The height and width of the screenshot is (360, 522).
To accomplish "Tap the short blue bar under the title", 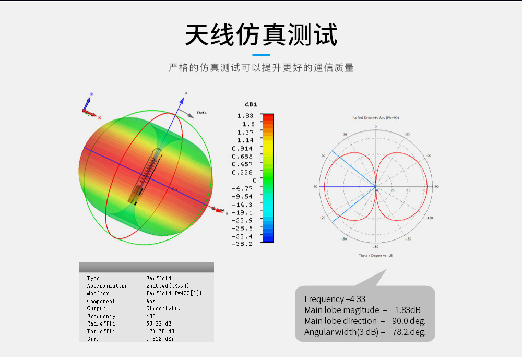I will (261, 55).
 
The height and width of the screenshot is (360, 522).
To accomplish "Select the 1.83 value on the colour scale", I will (245, 116).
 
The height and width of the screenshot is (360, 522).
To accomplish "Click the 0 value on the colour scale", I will (255, 180).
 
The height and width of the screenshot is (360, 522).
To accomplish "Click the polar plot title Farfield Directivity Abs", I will (375, 118).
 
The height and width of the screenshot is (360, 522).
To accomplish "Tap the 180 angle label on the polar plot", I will (375, 246).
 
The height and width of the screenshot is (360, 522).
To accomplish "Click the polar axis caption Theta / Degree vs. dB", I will (375, 256).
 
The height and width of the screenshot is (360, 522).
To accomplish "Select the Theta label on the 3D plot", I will (201, 113).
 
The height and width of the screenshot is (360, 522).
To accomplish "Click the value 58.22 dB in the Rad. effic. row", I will (160, 324).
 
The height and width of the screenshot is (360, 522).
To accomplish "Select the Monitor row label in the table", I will (98, 293).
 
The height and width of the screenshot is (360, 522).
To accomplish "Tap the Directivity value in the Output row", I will (163, 308).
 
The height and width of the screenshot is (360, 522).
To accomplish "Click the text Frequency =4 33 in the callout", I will (335, 299).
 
